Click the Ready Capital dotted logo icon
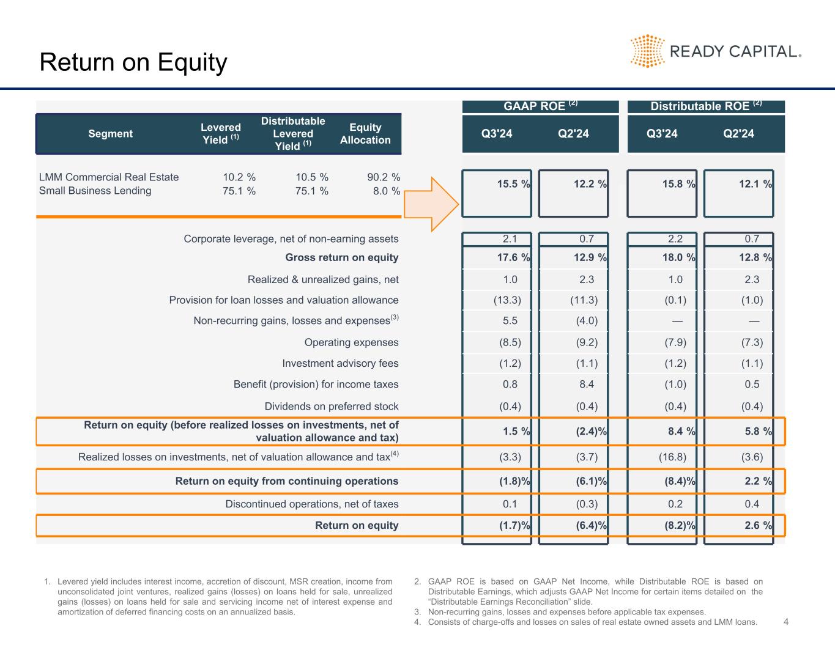pyautogui.click(x=647, y=51)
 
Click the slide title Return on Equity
pyautogui.click(x=133, y=62)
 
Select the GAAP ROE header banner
pyautogui.click(x=540, y=106)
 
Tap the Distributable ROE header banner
pyautogui.click(x=706, y=106)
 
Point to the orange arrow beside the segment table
pyautogui.click(x=431, y=204)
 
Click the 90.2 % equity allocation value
pyautogui.click(x=384, y=177)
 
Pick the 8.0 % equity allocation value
pyautogui.click(x=387, y=191)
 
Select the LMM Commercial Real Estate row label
pyautogui.click(x=109, y=177)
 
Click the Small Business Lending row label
pyautogui.click(x=95, y=191)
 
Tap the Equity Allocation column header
pyautogui.click(x=365, y=133)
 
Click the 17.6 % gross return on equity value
pyautogui.click(x=513, y=257)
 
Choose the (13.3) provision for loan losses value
pyautogui.click(x=507, y=300)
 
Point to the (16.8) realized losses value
pyautogui.click(x=675, y=457)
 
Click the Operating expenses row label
pyautogui.click(x=351, y=342)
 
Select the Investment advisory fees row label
pyautogui.click(x=340, y=364)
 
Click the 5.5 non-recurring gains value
pyautogui.click(x=510, y=320)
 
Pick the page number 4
pyautogui.click(x=786, y=622)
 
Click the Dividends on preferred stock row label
pyautogui.click(x=331, y=407)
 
